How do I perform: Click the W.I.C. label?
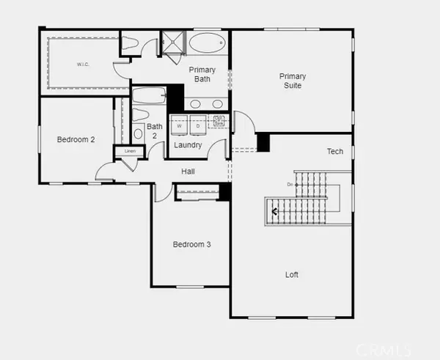coord(82,65)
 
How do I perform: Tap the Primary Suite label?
coord(292,81)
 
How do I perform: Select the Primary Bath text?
coord(202,75)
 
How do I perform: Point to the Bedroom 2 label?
coord(76,139)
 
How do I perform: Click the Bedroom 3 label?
coord(192,244)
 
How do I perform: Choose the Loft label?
coord(292,275)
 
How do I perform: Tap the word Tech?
coord(335,152)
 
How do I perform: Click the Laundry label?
coord(188,145)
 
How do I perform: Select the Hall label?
coord(188,171)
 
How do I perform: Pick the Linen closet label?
coord(130,151)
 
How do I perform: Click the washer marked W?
coord(179,125)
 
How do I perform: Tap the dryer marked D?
coord(197,125)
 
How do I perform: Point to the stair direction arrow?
coord(275,212)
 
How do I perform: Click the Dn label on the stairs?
coord(290,184)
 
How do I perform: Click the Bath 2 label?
coord(154,131)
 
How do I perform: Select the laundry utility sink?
coord(219,121)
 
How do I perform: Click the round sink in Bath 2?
coord(138,134)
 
